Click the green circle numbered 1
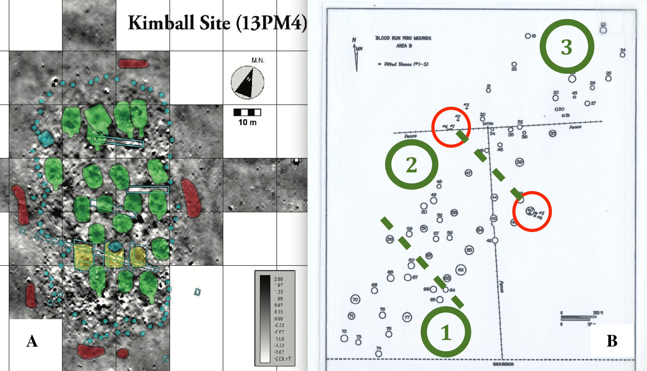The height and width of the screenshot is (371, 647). coord(446,332)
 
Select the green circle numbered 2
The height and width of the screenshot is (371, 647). coord(411,164)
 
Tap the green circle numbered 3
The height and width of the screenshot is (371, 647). coord(566,46)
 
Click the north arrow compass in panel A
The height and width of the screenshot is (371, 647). coord(247,83)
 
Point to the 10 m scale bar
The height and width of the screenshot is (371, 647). coord(247,112)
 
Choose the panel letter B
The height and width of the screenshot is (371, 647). coord(612,341)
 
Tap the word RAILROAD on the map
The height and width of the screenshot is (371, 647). coord(503,364)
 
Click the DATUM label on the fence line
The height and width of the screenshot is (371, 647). coord(488,124)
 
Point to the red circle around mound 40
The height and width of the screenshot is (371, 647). coord(532,212)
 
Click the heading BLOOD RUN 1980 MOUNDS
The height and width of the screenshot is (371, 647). coord(403,38)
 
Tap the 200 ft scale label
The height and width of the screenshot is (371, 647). coord(598,313)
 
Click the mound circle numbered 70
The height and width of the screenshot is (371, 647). coord(355,299)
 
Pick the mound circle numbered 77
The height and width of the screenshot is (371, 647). coord(407,317)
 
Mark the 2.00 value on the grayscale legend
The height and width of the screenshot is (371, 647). coord(278,279)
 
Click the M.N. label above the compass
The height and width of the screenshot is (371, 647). coord(258,60)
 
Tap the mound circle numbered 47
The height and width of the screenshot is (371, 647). coord(468,173)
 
